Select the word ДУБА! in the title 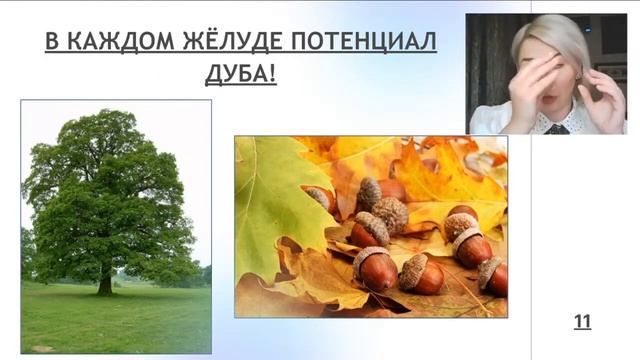coord(243,74)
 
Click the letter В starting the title coord(52,43)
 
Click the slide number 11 coord(582,321)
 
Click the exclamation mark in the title coord(272,74)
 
